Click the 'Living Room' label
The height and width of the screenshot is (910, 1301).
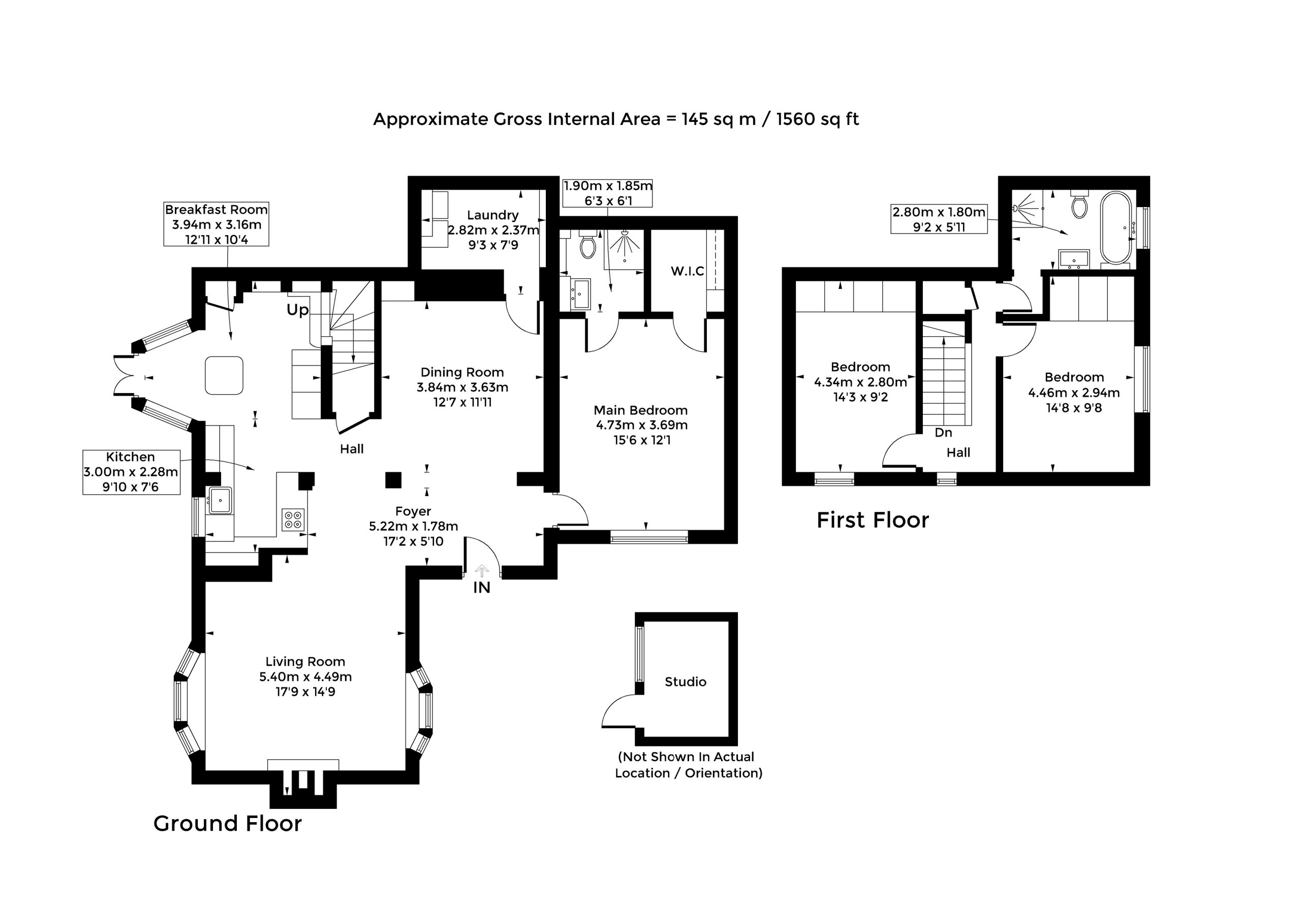pyautogui.click(x=305, y=661)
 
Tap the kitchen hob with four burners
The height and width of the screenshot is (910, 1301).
pyautogui.click(x=293, y=520)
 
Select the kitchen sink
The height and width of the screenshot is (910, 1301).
pyautogui.click(x=220, y=500)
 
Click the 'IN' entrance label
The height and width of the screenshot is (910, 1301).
pyautogui.click(x=482, y=588)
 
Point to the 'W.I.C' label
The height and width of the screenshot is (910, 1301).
pyautogui.click(x=687, y=271)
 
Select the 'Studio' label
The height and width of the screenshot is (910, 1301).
pyautogui.click(x=686, y=682)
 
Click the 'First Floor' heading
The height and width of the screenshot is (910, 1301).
pyautogui.click(x=873, y=520)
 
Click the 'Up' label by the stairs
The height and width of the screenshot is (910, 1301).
pyautogui.click(x=297, y=310)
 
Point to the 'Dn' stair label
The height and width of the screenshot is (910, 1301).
pyautogui.click(x=943, y=433)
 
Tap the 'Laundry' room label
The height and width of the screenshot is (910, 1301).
pyautogui.click(x=493, y=215)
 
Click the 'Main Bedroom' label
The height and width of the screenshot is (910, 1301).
pyautogui.click(x=641, y=410)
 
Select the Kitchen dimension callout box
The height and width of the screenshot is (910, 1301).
pyautogui.click(x=132, y=472)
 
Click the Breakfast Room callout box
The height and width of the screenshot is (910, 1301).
pyautogui.click(x=216, y=224)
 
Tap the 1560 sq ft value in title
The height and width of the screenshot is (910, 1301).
pyautogui.click(x=818, y=119)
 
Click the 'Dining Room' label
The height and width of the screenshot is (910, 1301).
pyautogui.click(x=462, y=372)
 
